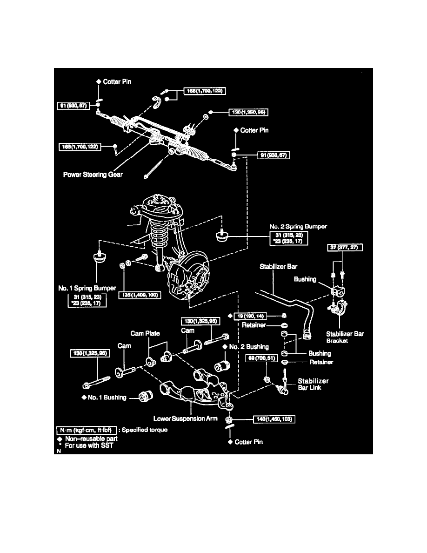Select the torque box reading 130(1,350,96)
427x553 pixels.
pyautogui.click(x=248, y=112)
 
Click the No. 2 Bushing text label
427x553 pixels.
pyautogui.click(x=249, y=347)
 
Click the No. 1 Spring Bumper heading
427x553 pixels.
pyautogui.click(x=87, y=289)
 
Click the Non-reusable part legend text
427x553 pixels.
pyautogui.click(x=92, y=438)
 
